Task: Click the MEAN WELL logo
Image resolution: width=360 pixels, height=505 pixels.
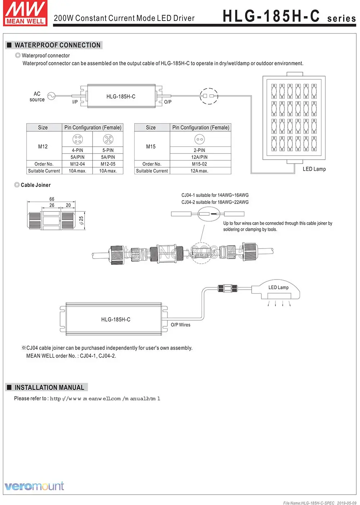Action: [x=25, y=13]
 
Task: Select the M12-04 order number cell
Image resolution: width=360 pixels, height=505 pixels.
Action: [x=77, y=164]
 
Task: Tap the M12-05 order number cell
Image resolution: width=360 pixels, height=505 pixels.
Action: [x=108, y=164]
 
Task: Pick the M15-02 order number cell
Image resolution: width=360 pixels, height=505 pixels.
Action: [x=199, y=164]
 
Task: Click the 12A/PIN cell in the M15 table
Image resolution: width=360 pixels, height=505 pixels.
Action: [x=199, y=157]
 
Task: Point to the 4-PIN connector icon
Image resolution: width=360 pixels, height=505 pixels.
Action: [x=77, y=139]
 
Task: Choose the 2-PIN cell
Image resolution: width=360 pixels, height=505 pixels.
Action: [x=199, y=150]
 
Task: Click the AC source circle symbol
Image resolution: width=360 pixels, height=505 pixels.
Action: [x=51, y=96]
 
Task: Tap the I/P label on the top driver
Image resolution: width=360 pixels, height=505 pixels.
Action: [x=75, y=102]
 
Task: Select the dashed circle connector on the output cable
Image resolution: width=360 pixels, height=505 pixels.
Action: [x=209, y=96]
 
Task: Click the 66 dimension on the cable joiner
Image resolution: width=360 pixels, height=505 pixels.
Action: [x=52, y=199]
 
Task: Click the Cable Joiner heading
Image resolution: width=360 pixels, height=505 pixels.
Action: [x=36, y=185]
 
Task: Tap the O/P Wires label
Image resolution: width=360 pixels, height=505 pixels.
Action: [x=180, y=325]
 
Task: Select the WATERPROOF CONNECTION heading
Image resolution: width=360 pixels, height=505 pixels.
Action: [x=57, y=45]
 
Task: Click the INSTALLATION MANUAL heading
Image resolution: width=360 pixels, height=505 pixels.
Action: [x=49, y=388]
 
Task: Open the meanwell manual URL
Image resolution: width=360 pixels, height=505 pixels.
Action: [x=105, y=399]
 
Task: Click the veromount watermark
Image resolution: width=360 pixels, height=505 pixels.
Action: [x=34, y=486]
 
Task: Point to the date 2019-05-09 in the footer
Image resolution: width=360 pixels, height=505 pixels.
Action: [x=347, y=503]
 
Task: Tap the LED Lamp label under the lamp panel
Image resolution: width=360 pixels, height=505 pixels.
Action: [x=314, y=169]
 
